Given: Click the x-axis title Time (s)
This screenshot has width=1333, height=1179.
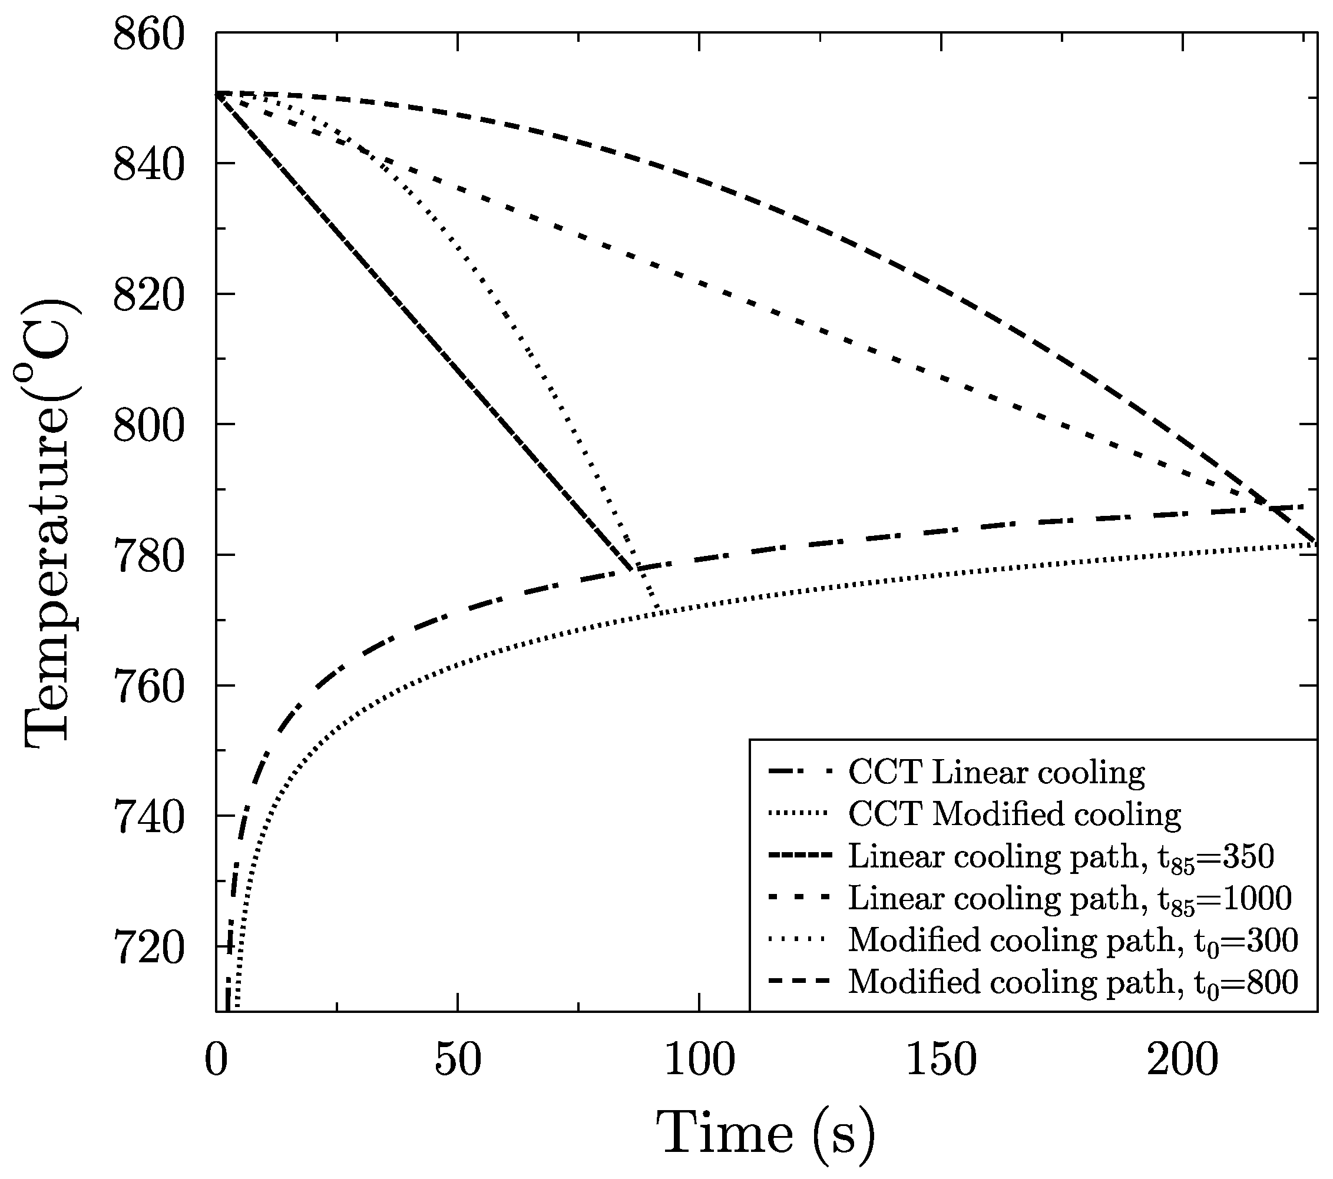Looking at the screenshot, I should pyautogui.click(x=766, y=1133).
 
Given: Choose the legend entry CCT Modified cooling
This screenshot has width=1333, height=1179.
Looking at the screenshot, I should pyautogui.click(x=1014, y=814).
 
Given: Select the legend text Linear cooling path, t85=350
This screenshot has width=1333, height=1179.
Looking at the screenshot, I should pyautogui.click(x=1061, y=857).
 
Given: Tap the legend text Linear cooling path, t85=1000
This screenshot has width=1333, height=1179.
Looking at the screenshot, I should pyautogui.click(x=1070, y=899).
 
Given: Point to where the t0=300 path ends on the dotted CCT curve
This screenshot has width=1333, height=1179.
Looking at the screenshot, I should pyautogui.click(x=657, y=612).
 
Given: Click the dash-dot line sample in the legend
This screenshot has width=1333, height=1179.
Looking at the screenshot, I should pyautogui.click(x=800, y=772).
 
